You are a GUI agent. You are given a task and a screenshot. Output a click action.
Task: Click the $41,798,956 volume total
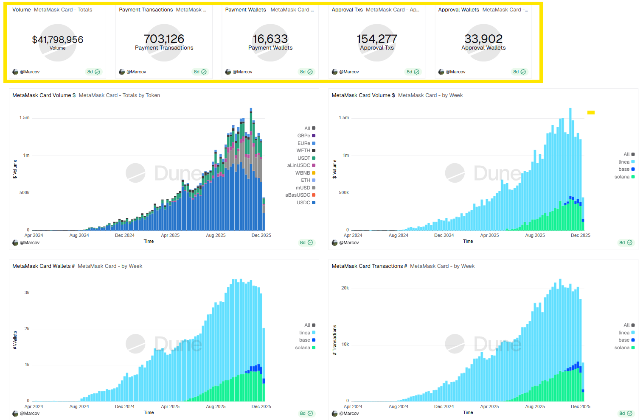point(57,40)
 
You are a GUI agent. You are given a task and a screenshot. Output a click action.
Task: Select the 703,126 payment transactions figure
point(164,39)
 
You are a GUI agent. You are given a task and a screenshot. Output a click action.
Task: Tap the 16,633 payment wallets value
point(270,39)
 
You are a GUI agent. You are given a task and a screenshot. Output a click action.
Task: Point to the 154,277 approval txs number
point(377,39)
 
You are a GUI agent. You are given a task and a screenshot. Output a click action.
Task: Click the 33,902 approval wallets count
point(483,39)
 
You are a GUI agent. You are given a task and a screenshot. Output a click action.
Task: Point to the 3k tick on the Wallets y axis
point(27,292)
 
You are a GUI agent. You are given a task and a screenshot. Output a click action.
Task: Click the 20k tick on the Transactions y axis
point(345,288)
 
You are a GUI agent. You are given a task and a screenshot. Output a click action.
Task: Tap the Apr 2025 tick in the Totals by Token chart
point(170,235)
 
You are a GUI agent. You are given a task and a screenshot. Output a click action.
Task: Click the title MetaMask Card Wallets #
point(43,266)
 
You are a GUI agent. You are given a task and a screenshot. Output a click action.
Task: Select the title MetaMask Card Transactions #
point(369,266)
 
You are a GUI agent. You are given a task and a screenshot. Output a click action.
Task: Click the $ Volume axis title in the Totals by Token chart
point(15,169)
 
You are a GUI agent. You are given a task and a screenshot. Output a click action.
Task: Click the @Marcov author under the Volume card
point(29,72)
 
